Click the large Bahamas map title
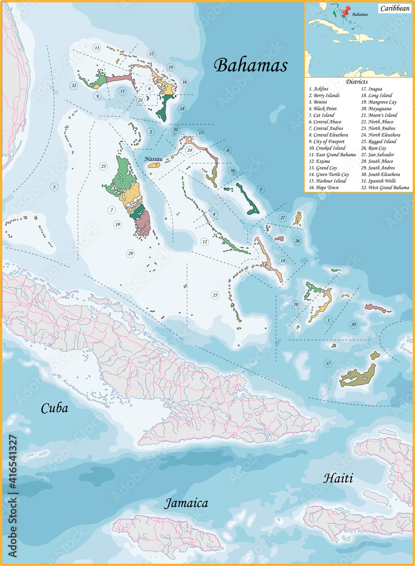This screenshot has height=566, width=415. click(x=250, y=65)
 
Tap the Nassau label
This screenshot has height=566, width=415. click(x=153, y=159)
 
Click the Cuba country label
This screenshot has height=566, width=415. click(x=54, y=408)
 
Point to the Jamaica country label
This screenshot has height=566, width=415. click(x=186, y=503)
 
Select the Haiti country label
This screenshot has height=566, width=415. click(x=338, y=478)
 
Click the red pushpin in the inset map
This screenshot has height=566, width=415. click(x=345, y=10)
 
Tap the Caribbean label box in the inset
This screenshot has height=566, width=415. click(x=395, y=8)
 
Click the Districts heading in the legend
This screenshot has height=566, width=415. click(x=357, y=82)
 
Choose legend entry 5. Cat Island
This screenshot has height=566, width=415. click(x=322, y=115)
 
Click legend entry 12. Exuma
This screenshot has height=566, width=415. click(x=320, y=161)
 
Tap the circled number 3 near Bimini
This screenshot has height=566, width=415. click(x=54, y=187)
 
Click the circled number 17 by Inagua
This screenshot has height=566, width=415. click(x=327, y=363)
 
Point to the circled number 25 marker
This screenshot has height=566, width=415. click(x=215, y=295)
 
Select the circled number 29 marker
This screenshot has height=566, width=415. click(x=130, y=253)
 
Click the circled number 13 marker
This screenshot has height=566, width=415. click(x=97, y=48)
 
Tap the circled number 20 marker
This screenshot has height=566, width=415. click(x=353, y=324)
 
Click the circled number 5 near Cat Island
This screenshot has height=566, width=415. click(x=260, y=189)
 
